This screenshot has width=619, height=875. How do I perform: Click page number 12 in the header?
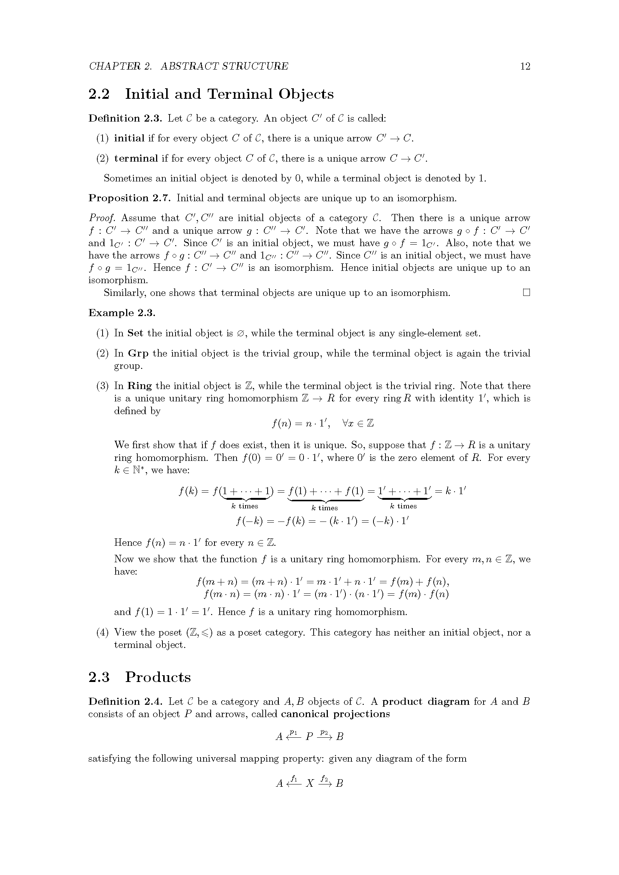pos(525,66)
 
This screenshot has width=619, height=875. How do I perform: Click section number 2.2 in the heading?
pos(99,94)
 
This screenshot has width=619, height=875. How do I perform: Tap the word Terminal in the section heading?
pos(240,94)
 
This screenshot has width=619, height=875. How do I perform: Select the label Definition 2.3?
pos(125,119)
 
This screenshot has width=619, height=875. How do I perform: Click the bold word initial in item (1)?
pos(129,138)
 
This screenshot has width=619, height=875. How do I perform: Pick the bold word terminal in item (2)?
pos(136,159)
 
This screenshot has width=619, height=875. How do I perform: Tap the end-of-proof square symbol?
pos(527,293)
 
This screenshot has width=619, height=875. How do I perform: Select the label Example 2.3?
pos(122,313)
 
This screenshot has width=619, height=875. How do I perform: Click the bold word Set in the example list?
pos(135,333)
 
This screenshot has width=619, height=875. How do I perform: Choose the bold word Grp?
pos(138,354)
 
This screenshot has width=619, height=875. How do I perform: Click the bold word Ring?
pos(140,386)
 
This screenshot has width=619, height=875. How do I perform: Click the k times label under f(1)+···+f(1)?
pos(324,508)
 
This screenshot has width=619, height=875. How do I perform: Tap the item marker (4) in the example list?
pos(103,633)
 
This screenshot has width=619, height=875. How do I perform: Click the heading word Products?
pos(158,677)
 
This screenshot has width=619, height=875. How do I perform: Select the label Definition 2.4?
pos(126,702)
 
